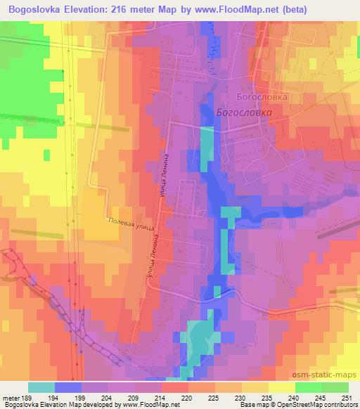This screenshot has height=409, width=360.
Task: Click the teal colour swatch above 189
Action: coord(41,387)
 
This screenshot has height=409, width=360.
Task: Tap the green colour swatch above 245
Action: coord(309,387)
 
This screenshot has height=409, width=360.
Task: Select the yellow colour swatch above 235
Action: coord(255,387)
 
